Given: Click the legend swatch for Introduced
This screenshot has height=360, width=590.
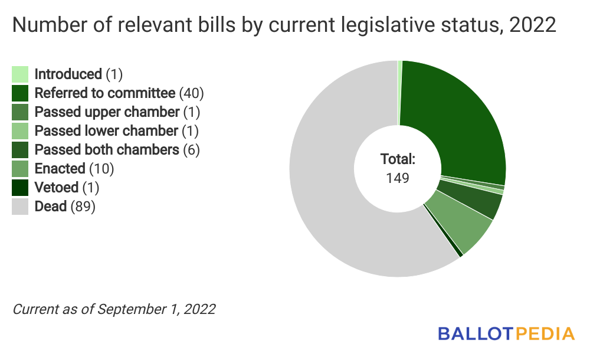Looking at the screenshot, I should (20, 74).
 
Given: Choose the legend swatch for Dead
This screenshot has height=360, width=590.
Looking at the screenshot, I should (20, 207).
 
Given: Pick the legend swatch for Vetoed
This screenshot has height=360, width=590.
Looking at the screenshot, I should (20, 188).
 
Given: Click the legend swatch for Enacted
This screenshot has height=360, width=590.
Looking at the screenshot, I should (20, 169).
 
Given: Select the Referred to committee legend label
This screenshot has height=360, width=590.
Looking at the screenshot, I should (105, 93).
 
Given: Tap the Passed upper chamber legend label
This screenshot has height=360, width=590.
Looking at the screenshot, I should (107, 112).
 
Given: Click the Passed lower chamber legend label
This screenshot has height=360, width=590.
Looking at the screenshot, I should (106, 131).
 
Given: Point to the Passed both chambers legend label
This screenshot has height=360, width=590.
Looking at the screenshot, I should (107, 150).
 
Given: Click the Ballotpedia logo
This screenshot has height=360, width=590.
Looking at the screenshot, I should (506, 333).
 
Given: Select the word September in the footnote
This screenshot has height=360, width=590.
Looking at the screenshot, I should (126, 309).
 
